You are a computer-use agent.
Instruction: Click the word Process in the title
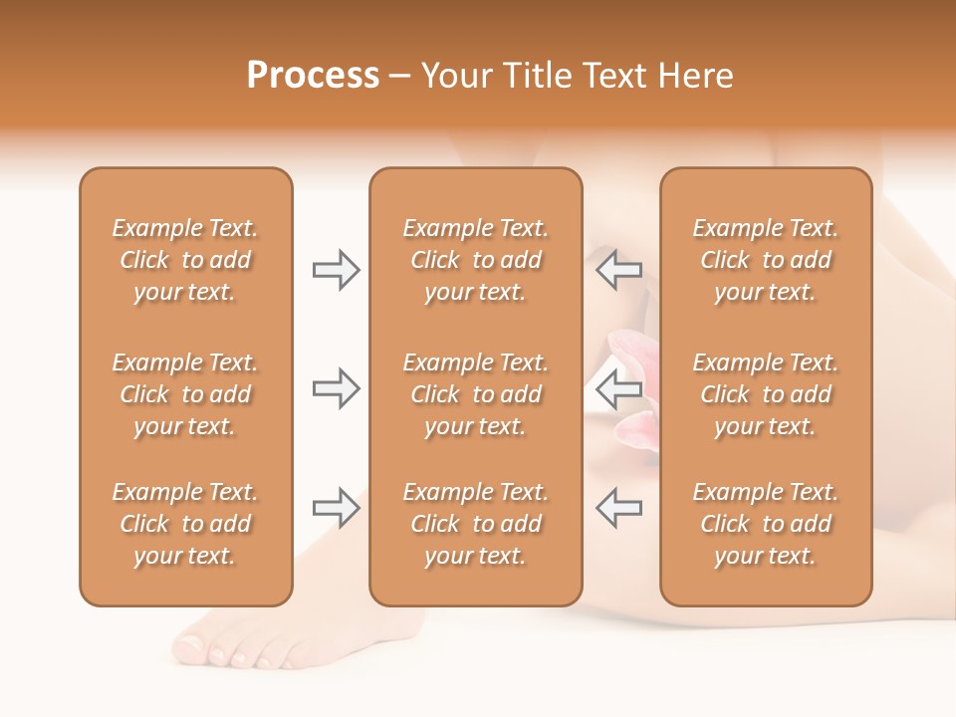(313, 76)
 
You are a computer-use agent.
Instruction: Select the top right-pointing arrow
(336, 270)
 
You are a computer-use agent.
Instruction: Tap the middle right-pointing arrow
(336, 388)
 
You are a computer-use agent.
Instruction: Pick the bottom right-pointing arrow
(336, 508)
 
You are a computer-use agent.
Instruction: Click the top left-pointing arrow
(618, 270)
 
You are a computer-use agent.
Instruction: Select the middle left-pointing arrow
(618, 388)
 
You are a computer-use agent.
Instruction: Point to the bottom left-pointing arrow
(618, 508)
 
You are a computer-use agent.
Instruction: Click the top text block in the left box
(185, 260)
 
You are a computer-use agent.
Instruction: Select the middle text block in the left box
(185, 394)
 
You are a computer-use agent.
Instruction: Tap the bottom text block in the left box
(185, 524)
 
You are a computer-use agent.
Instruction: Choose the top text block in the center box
(475, 260)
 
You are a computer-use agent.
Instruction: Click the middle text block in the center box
(475, 394)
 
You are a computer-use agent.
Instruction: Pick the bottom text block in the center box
(475, 524)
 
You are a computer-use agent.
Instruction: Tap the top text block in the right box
(765, 260)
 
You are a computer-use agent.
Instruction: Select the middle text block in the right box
(765, 394)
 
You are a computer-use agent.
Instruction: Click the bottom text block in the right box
(765, 524)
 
